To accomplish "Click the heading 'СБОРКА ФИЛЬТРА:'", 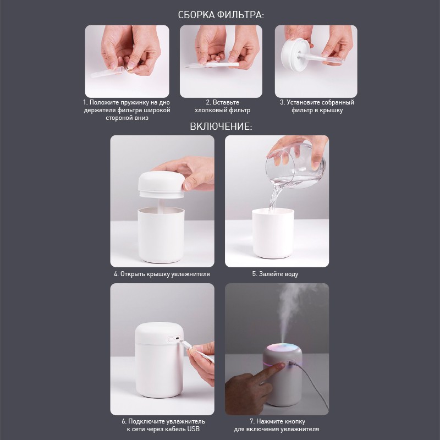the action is [x=221, y=15].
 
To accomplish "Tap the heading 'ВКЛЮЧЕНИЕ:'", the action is [x=221, y=127].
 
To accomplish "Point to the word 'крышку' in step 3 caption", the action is [x=330, y=111].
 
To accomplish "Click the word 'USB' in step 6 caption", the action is [x=194, y=429].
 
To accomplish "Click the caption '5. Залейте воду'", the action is [x=275, y=274].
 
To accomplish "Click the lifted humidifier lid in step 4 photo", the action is [x=161, y=185].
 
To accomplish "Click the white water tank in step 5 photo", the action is [x=273, y=233].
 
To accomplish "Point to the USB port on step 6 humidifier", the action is [x=177, y=338].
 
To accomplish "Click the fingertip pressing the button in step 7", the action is [x=282, y=366].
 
